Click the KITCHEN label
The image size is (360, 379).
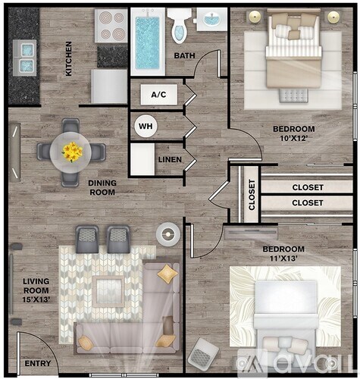(69, 59)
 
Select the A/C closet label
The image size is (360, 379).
(158, 95)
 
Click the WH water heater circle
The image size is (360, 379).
(145, 126)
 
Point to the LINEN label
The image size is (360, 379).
(169, 159)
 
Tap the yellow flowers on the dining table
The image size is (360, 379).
(73, 152)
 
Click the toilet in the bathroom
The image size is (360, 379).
(179, 26)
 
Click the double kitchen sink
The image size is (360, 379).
(27, 52)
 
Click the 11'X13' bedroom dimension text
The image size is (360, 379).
(283, 259)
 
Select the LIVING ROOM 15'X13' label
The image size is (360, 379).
(36, 291)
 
